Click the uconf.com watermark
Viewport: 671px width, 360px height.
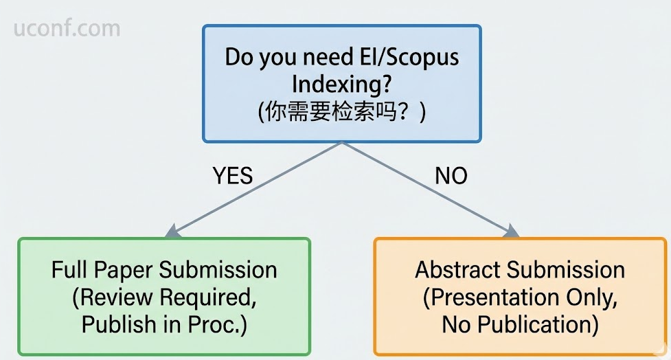coord(67,29)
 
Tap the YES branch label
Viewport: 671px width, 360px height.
coord(233,176)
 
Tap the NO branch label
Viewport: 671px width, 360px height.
coord(451,176)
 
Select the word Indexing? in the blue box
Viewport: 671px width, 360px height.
coord(342,84)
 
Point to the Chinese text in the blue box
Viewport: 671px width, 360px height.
coord(342,111)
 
